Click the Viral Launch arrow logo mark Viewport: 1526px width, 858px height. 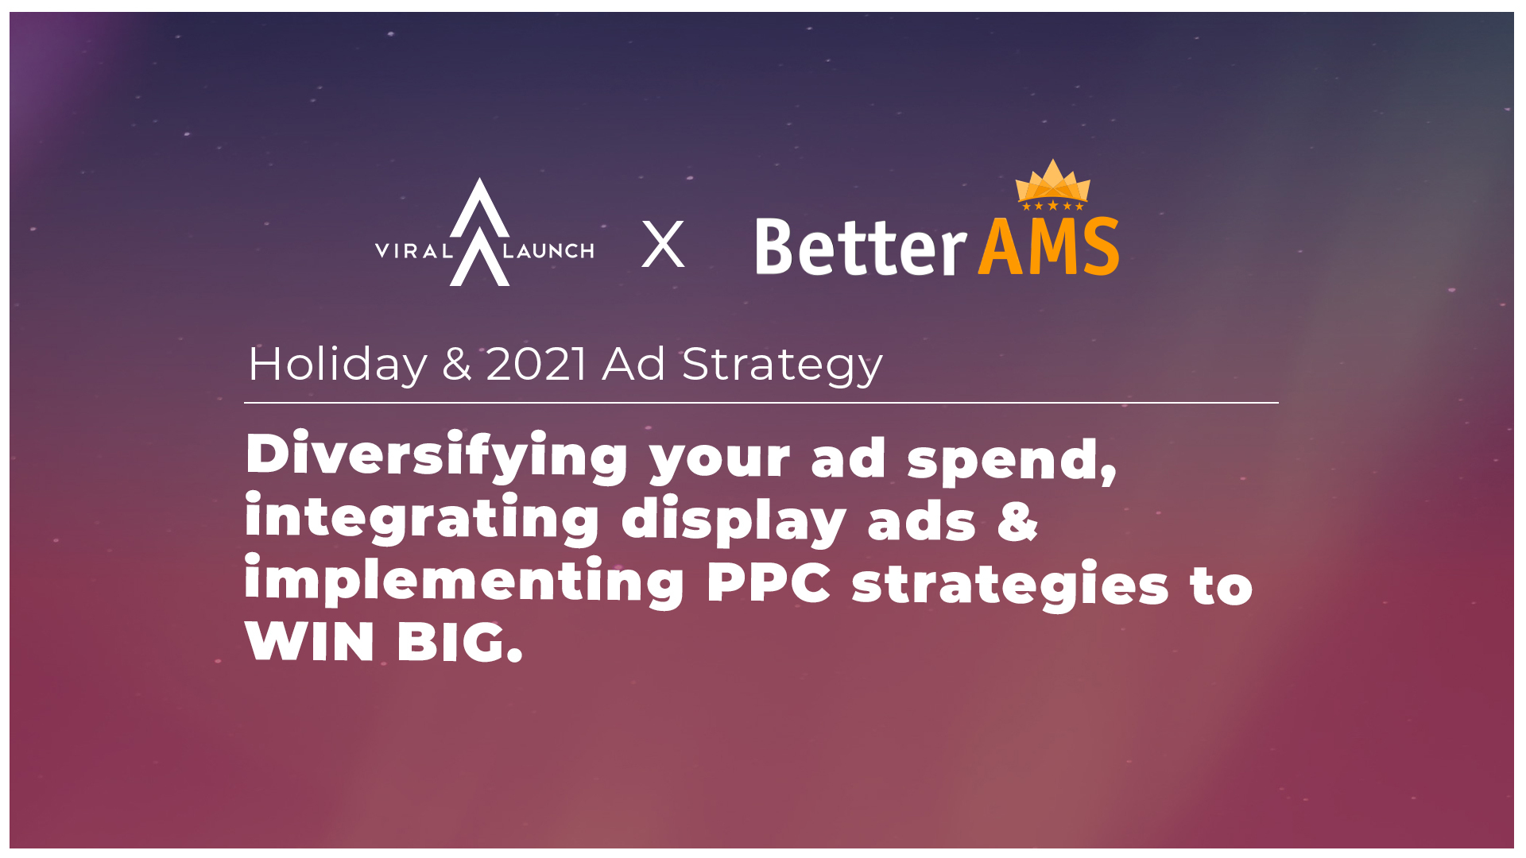coord(479,232)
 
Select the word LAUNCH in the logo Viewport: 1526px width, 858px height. coord(548,252)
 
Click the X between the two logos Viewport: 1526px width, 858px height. coord(663,245)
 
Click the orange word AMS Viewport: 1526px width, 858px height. coord(1048,248)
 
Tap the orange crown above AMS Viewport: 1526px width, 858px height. coord(1052,184)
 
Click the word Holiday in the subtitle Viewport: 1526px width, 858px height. coord(338,365)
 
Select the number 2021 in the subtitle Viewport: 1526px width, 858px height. coord(536,365)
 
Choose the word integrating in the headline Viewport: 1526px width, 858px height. coord(422,520)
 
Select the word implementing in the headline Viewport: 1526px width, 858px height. coord(464,582)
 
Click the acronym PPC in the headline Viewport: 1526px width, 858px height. coord(769,582)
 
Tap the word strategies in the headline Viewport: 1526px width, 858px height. coord(1010,586)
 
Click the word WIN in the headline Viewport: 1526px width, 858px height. coord(310,642)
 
